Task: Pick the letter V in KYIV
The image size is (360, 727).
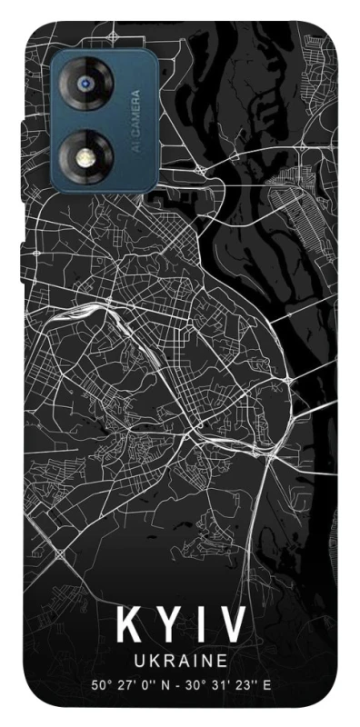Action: [232, 626]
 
